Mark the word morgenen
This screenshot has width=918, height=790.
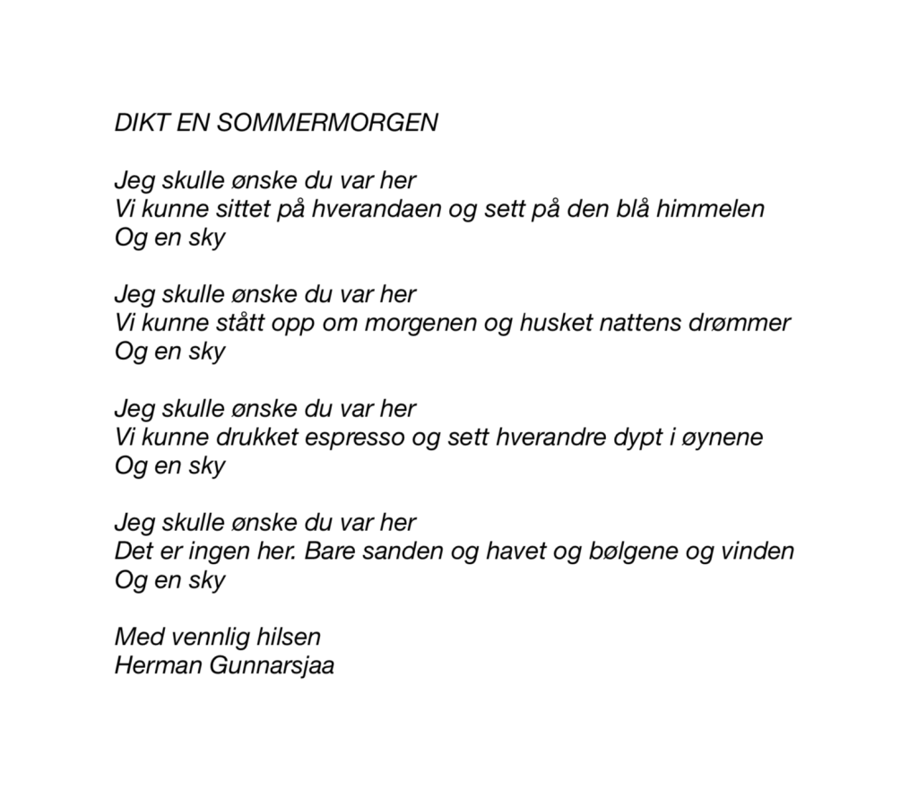(x=420, y=323)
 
